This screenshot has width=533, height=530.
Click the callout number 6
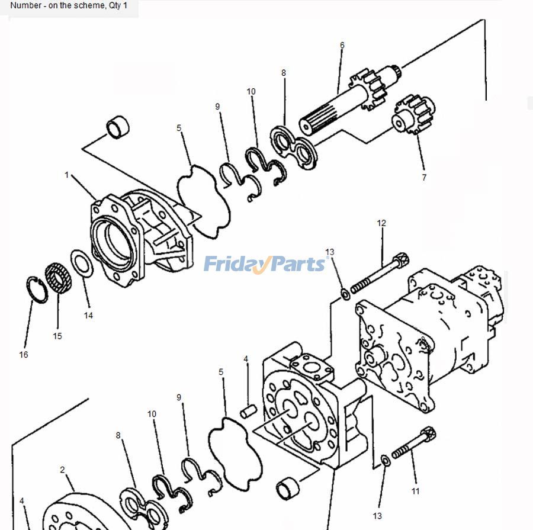coord(342,45)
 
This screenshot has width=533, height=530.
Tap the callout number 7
coord(423,177)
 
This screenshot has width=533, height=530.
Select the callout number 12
coord(381,223)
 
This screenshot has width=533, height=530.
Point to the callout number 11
coord(415,491)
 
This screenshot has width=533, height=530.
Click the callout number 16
coord(23,355)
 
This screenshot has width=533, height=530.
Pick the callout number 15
coord(57,336)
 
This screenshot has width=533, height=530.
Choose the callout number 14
coord(88,316)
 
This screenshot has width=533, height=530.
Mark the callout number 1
coord(67,175)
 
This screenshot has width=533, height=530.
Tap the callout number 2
coord(62,470)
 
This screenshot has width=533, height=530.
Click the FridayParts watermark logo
coord(265,264)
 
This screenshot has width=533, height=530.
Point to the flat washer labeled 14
coord(82,263)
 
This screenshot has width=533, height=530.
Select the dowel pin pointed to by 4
coord(248,409)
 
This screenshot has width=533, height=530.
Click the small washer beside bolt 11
coord(384,460)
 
